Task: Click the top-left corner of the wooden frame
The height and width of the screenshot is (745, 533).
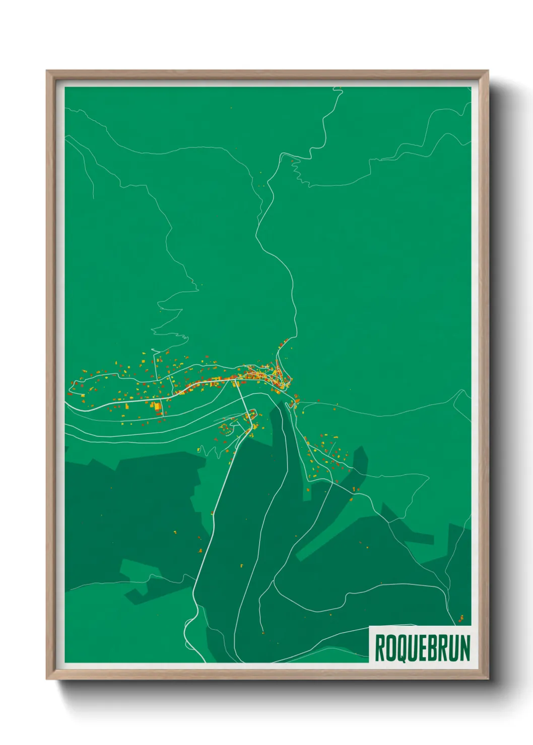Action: pyautogui.click(x=47, y=71)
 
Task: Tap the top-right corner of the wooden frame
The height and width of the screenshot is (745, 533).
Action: pyautogui.click(x=488, y=71)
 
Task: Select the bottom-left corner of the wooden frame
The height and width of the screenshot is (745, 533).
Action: pyautogui.click(x=47, y=679)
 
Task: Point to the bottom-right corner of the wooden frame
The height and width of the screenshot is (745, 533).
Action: pyautogui.click(x=488, y=679)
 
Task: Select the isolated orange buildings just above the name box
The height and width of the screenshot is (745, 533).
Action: pyautogui.click(x=461, y=618)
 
